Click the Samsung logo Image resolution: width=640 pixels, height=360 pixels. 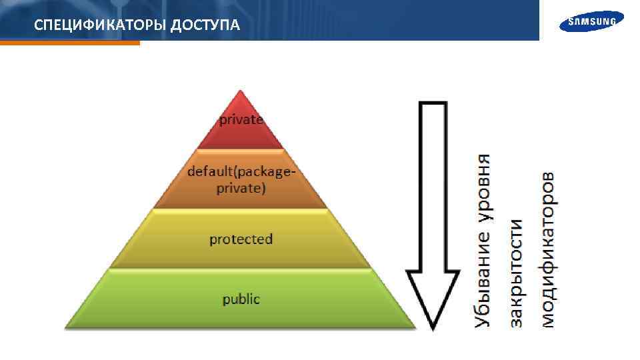pyautogui.click(x=591, y=23)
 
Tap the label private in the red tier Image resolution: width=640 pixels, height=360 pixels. pyautogui.click(x=241, y=120)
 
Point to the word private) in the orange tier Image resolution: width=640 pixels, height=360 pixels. pyautogui.click(x=241, y=188)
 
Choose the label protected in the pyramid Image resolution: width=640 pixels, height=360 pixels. pyautogui.click(x=241, y=239)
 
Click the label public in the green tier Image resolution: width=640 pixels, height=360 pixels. pyautogui.click(x=241, y=299)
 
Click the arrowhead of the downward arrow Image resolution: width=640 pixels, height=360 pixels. pyautogui.click(x=433, y=300)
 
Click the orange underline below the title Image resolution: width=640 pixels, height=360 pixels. pyautogui.click(x=70, y=43)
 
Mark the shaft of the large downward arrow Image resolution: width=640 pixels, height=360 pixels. pyautogui.click(x=433, y=187)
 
